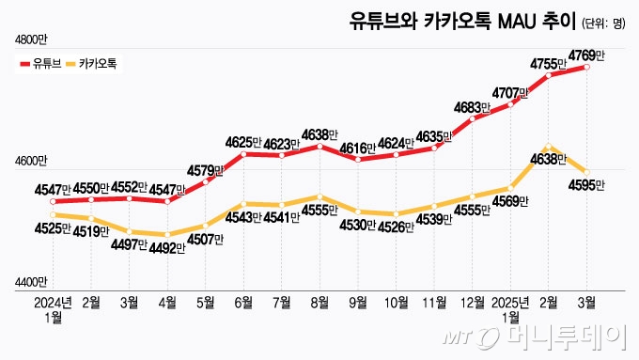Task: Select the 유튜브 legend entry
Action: [39, 64]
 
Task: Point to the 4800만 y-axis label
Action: [30, 39]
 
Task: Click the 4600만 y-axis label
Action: [30, 161]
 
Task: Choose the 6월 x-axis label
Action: [243, 303]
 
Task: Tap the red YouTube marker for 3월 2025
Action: [587, 67]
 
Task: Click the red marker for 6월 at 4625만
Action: [244, 153]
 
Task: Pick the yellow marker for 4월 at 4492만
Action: [167, 235]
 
